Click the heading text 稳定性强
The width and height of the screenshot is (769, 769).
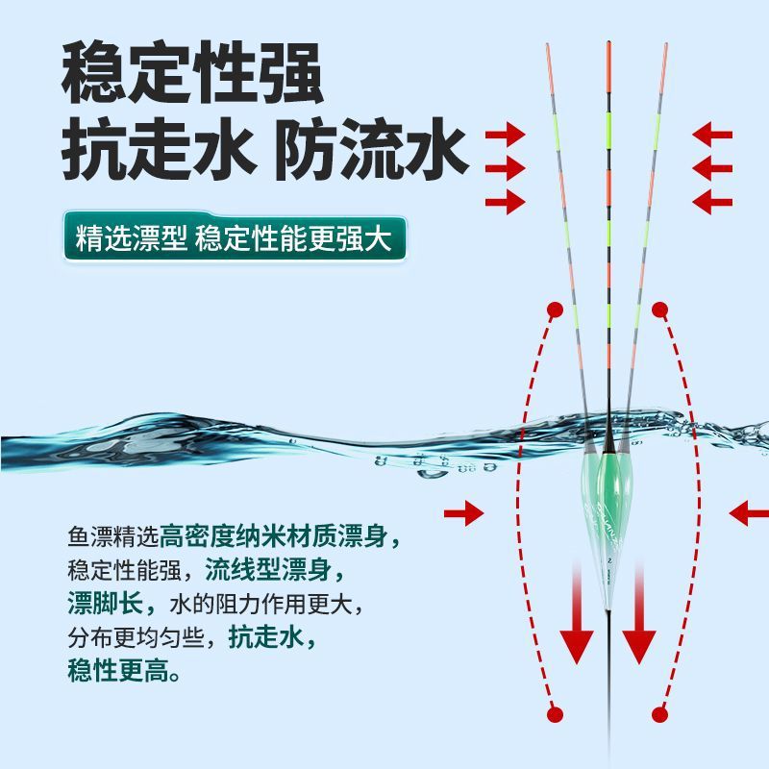(x=191, y=72)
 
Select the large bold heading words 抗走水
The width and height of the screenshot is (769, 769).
(x=160, y=149)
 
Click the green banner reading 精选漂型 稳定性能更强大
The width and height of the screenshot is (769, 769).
(x=235, y=238)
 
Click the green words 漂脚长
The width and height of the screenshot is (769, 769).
(x=106, y=604)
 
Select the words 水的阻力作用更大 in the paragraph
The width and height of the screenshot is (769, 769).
(x=260, y=604)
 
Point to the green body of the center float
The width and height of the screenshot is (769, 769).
(x=608, y=495)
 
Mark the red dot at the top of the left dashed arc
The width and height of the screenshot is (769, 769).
(x=556, y=310)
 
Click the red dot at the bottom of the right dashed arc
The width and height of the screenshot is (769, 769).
(x=660, y=714)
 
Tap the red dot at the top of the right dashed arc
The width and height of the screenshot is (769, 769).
(x=660, y=310)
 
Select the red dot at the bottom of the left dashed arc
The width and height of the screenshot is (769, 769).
(x=556, y=714)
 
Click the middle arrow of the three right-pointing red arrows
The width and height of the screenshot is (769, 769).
(x=506, y=168)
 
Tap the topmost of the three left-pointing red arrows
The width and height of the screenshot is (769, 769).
(x=712, y=135)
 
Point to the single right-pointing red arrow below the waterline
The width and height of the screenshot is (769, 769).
(x=464, y=513)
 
